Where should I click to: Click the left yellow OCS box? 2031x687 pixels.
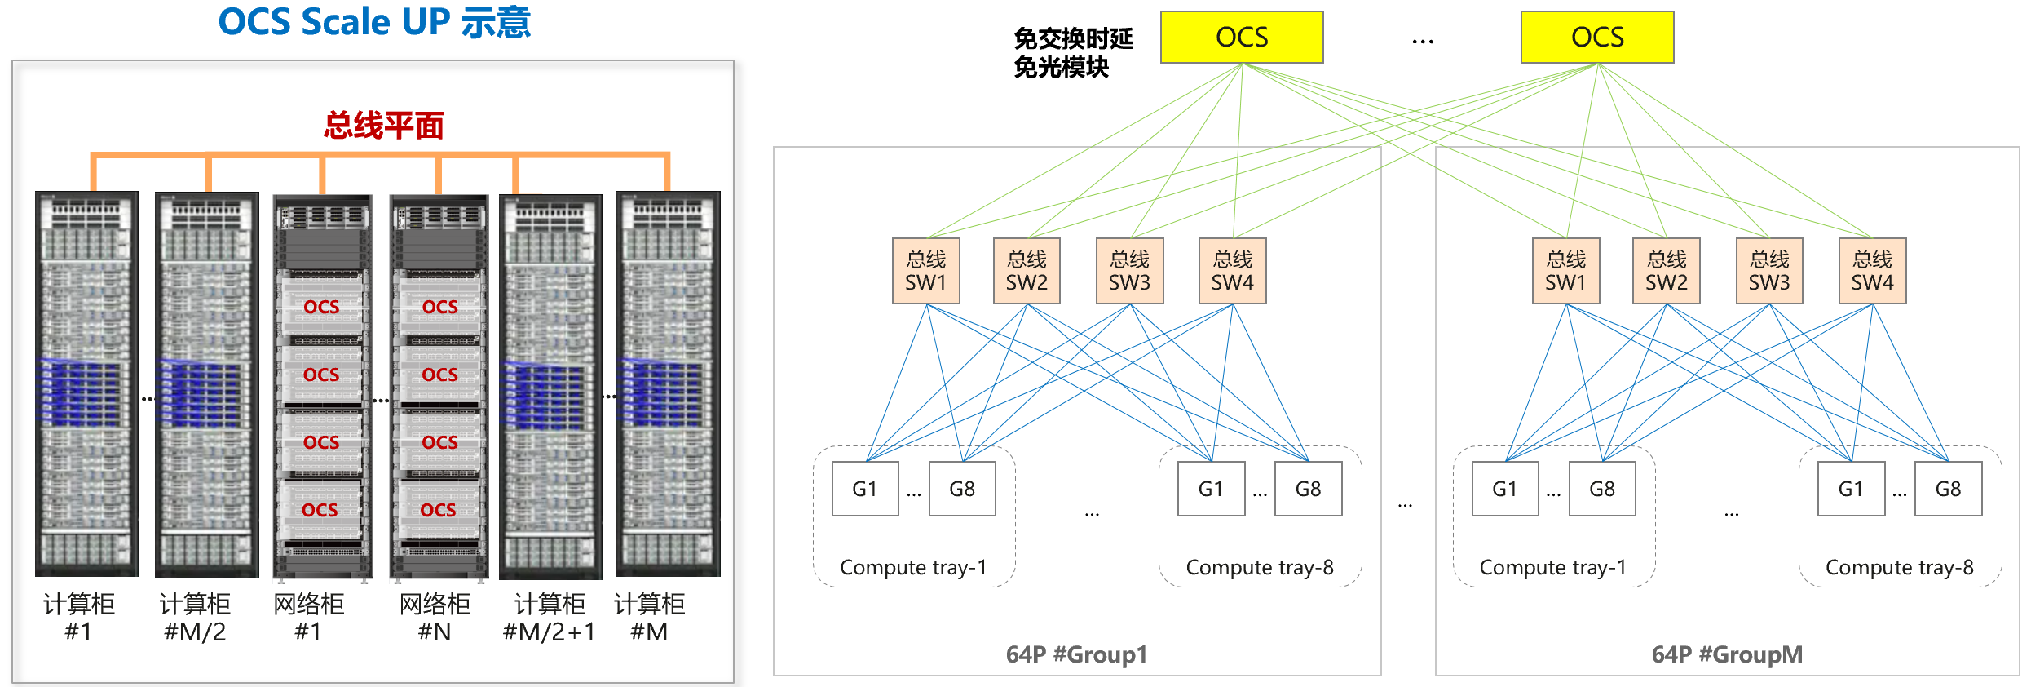(x=1241, y=38)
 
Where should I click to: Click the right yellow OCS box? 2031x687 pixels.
(x=1596, y=38)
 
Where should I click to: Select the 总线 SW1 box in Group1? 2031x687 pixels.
(x=925, y=271)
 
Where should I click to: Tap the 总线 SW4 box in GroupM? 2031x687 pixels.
(x=1872, y=271)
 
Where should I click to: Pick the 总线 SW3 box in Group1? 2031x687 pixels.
(x=1129, y=271)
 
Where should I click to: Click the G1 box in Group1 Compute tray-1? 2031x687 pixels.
(x=864, y=489)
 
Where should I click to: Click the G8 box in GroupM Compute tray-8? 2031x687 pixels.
(x=1948, y=489)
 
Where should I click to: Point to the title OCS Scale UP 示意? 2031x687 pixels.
(x=374, y=22)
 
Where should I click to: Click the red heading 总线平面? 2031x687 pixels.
(x=383, y=126)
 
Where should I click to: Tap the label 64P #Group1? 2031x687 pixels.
(x=1076, y=654)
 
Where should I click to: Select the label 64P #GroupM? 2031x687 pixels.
(x=1727, y=654)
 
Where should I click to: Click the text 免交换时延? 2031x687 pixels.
(x=1073, y=38)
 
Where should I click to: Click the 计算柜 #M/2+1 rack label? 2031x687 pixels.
(x=549, y=618)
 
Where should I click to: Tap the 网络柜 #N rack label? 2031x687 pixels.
(x=435, y=618)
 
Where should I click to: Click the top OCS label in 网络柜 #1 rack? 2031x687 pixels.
(x=321, y=307)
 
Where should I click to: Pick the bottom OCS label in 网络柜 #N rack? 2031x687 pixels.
(x=438, y=510)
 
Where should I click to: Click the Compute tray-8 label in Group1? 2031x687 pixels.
(x=1259, y=567)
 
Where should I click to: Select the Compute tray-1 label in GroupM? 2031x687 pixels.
(x=1552, y=567)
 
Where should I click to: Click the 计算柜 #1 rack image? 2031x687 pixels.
(x=86, y=383)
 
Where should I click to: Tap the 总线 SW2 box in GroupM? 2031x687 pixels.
(x=1666, y=271)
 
